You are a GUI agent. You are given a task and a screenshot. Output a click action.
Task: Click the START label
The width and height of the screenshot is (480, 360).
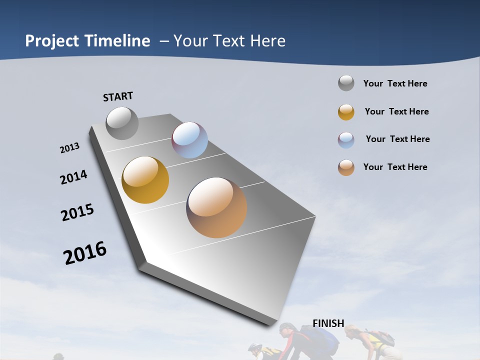coord(118,96)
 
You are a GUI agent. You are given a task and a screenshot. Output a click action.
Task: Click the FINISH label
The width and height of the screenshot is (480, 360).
coord(328,323)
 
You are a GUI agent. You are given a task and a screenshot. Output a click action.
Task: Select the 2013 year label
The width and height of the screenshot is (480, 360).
coord(70,147)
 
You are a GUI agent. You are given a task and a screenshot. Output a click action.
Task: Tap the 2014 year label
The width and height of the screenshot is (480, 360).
coord(74,177)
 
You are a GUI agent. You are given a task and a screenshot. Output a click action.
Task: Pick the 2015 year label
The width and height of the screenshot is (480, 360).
coord(77,212)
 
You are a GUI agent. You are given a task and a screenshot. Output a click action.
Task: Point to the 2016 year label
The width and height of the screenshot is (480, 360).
coord(85,252)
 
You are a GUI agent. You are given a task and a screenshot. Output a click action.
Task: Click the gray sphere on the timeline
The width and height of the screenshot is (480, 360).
coord(122,123)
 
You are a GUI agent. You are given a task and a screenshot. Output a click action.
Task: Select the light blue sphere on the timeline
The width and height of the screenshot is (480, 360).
coord(189,140)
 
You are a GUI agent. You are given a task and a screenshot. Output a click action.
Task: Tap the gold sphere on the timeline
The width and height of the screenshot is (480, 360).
coord(145,180)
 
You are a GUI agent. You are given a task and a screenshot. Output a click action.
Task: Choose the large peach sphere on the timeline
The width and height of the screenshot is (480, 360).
coord(216,207)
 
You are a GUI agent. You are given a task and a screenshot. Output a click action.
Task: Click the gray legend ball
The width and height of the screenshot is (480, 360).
coord(346,83)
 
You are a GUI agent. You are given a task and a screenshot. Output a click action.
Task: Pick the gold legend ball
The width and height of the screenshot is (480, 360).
coord(346,112)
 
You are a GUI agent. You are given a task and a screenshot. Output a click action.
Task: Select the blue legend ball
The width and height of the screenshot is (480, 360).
coord(346,140)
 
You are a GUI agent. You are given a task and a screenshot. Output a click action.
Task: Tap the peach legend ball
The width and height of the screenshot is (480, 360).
coord(346,167)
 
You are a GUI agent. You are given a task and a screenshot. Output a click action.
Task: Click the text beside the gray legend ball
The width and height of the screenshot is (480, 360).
coord(395,83)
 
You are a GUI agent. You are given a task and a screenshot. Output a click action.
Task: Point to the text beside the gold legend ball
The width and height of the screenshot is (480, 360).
coord(396,111)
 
